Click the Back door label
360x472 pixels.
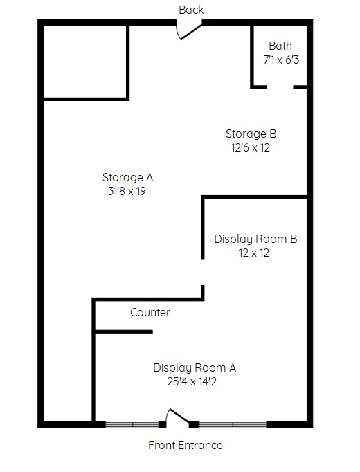191,10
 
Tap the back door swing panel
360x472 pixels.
191,32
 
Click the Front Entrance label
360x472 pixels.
186,445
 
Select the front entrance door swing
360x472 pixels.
178,417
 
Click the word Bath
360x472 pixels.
280,46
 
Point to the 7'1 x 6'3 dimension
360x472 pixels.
281,60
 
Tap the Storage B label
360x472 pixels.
251,134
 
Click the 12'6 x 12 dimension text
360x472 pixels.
251,148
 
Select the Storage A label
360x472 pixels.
127,177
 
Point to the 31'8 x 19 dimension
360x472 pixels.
127,191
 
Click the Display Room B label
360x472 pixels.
255,239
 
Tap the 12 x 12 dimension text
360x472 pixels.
254,253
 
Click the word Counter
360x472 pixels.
150,312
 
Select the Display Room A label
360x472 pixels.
195,368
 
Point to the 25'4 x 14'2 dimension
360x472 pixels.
192,382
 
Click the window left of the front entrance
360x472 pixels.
132,425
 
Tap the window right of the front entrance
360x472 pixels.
233,425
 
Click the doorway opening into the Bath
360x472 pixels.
280,87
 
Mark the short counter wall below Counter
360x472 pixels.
124,332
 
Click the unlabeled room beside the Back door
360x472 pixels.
85,62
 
